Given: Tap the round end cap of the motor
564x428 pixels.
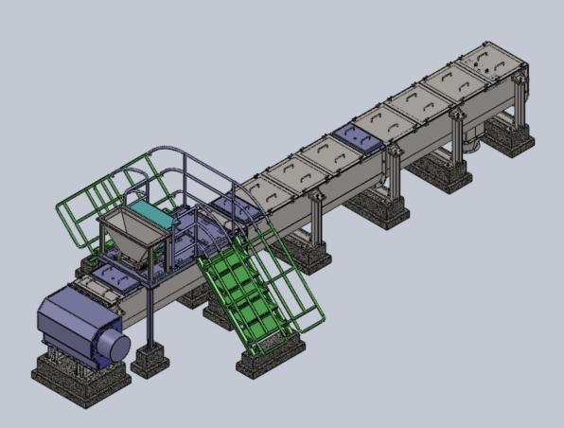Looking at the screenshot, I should coord(116,344).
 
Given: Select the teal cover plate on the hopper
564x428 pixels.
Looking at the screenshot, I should coord(149,213).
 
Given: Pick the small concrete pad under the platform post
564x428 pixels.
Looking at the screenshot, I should coord(150,362).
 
